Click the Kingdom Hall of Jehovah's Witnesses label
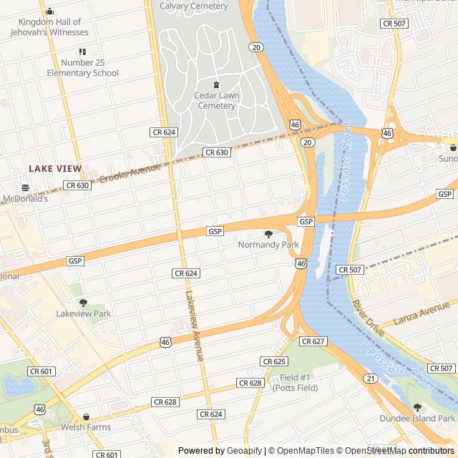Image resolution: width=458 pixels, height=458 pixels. click(x=50, y=27)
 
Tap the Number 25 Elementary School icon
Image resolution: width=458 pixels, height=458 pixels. click(x=82, y=52)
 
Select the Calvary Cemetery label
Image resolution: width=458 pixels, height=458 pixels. click(x=193, y=6)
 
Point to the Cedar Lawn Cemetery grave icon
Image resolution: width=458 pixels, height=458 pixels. click(x=216, y=84)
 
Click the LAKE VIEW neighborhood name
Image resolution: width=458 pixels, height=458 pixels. click(x=55, y=169)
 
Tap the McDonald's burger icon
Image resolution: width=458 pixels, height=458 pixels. click(x=25, y=187)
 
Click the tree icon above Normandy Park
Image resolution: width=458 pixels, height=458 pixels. click(x=268, y=234)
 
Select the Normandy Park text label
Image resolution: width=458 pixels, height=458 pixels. click(x=268, y=245)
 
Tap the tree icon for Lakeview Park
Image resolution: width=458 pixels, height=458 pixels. click(x=83, y=303)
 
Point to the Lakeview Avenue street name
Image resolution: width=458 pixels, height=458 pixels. click(x=195, y=326)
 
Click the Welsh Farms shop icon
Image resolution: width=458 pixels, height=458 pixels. click(x=86, y=417)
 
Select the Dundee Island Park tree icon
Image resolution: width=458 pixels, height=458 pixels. click(x=417, y=408)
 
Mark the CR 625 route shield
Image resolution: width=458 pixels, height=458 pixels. click(x=274, y=361)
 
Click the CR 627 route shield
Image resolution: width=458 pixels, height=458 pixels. click(x=313, y=341)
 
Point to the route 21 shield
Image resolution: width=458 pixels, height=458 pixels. click(x=370, y=378)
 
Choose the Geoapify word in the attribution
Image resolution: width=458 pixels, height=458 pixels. click(x=244, y=451)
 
